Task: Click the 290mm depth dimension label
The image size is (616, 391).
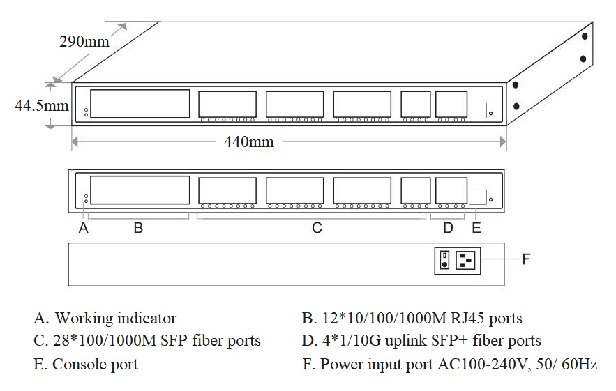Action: pos(84,41)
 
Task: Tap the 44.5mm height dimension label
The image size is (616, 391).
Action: pos(42,106)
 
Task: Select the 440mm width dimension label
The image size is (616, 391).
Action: pos(248,142)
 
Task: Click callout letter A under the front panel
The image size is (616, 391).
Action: pos(84,228)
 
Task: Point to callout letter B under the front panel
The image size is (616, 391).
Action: pos(138,228)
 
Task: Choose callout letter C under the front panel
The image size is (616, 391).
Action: pos(316,228)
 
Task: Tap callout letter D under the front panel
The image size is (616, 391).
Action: pos(448,228)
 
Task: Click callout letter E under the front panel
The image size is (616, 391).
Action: pos(476,228)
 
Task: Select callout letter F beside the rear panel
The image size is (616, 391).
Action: pos(527,259)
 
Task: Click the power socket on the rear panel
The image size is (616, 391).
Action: pos(465,260)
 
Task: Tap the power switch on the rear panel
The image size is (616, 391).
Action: pos(444,260)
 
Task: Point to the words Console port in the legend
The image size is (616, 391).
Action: pos(95,364)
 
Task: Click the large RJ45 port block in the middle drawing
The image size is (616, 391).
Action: pos(140,190)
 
